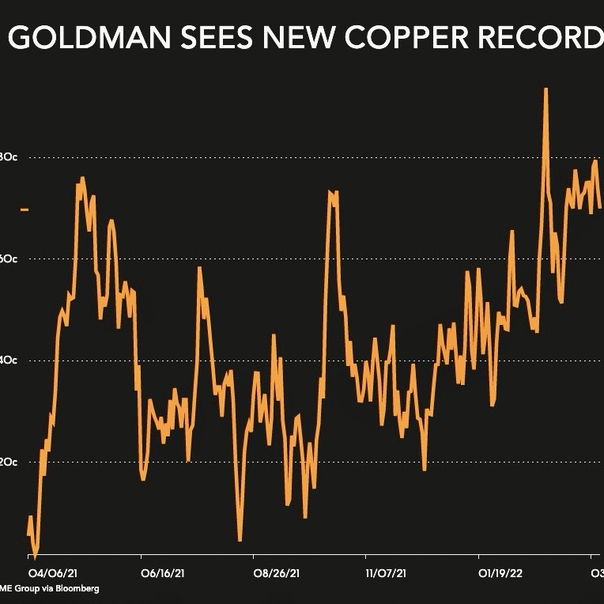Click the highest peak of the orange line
[x=545, y=89]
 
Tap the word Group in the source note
[x=28, y=588]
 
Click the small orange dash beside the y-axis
[x=25, y=210]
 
